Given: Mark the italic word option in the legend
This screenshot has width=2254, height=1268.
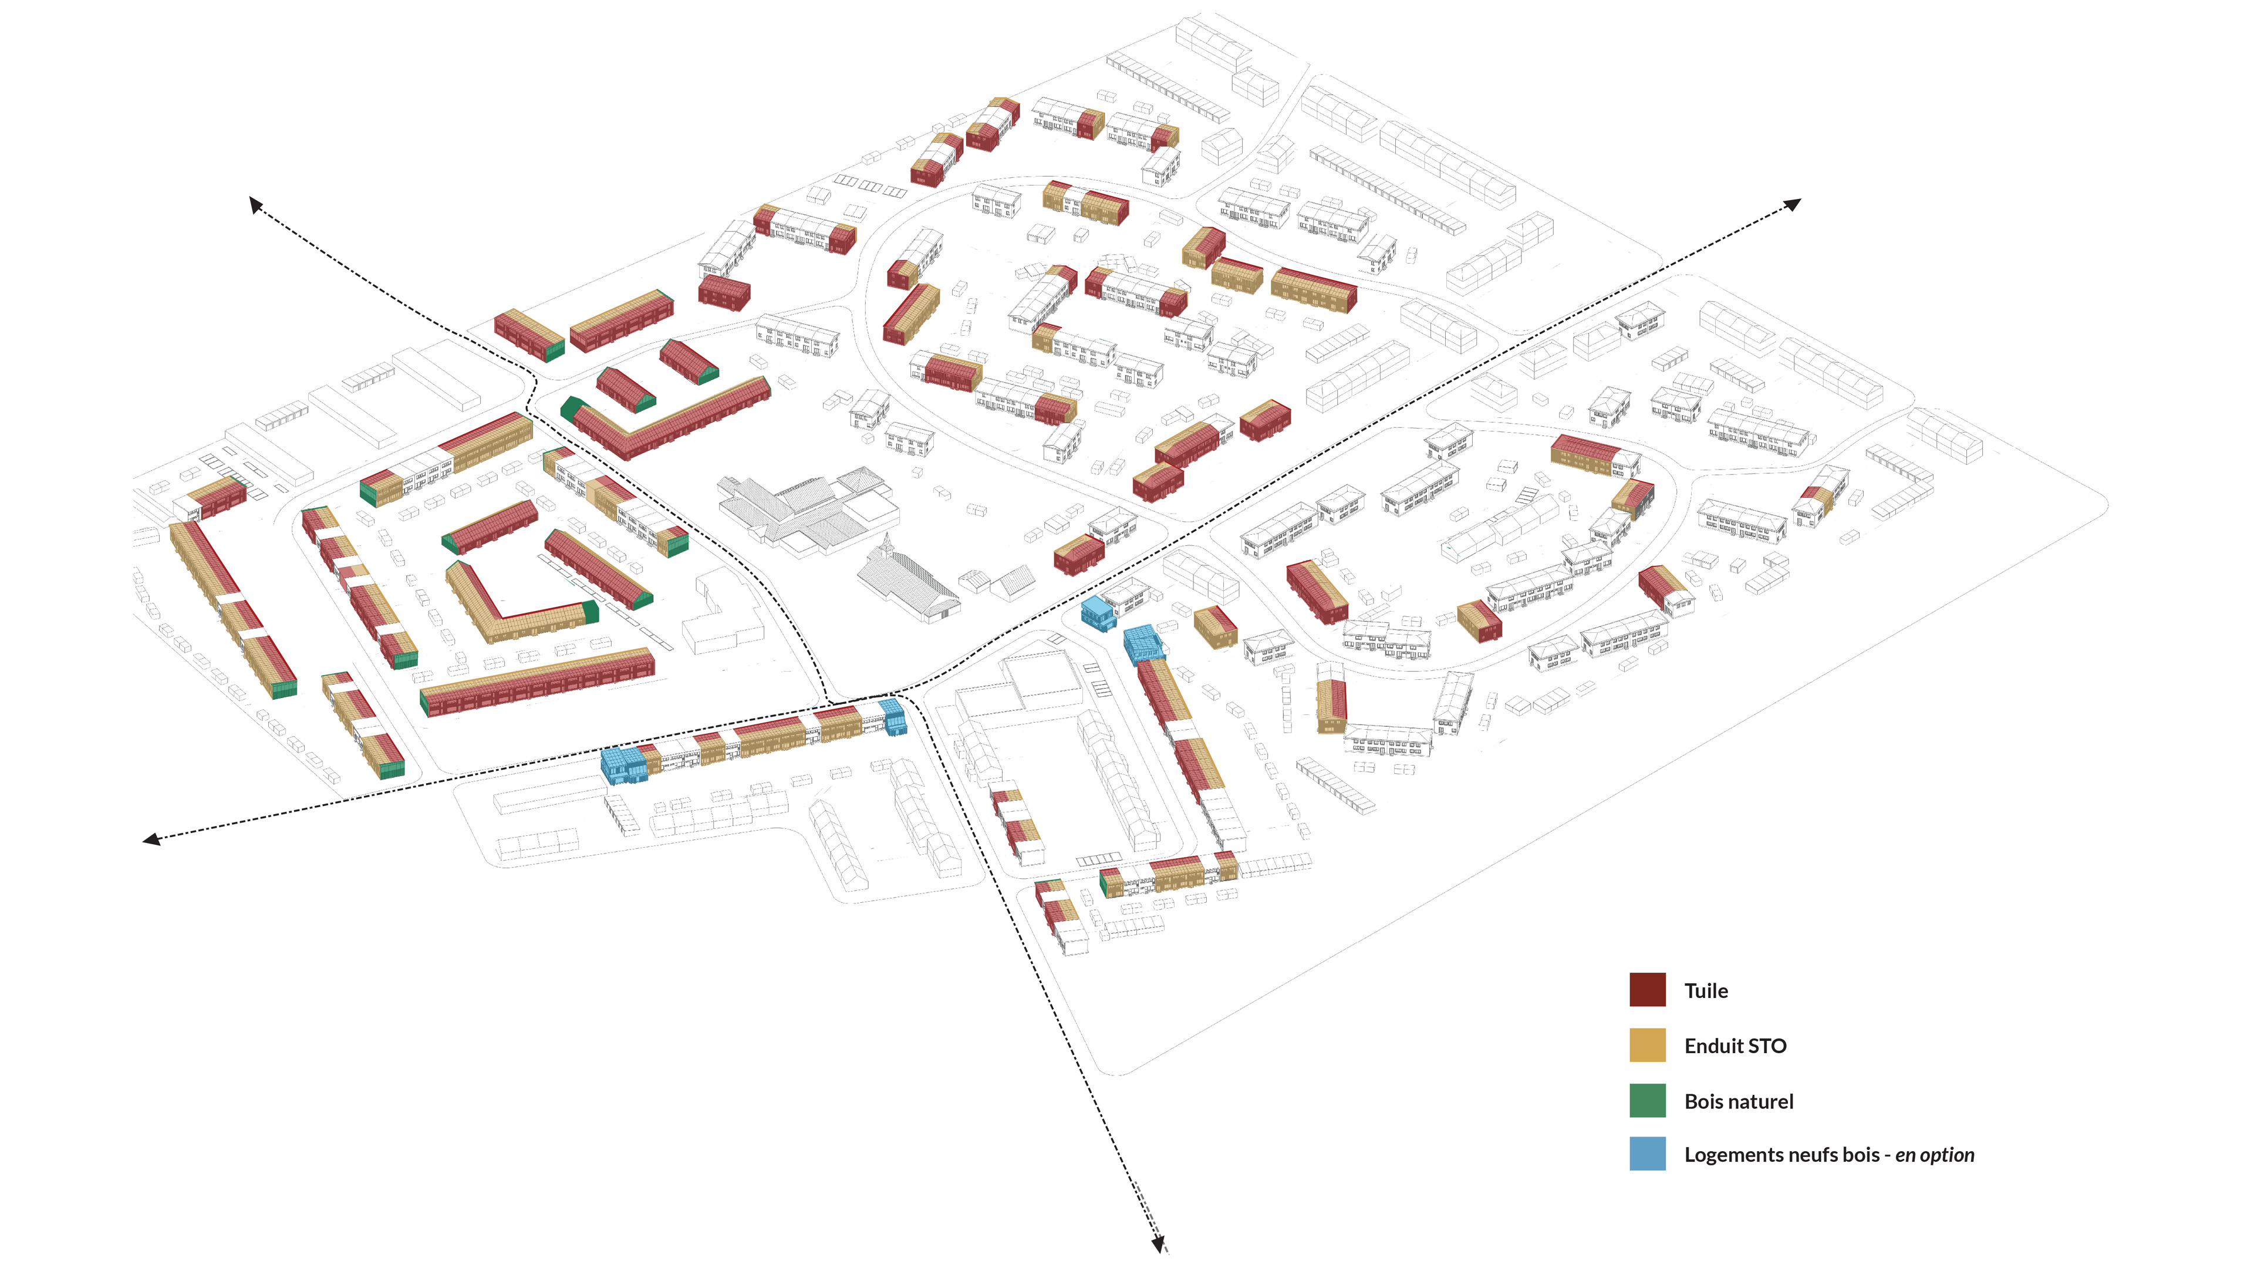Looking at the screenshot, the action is [x=1948, y=1156].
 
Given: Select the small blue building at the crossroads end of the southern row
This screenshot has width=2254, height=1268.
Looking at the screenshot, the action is [x=893, y=715].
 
